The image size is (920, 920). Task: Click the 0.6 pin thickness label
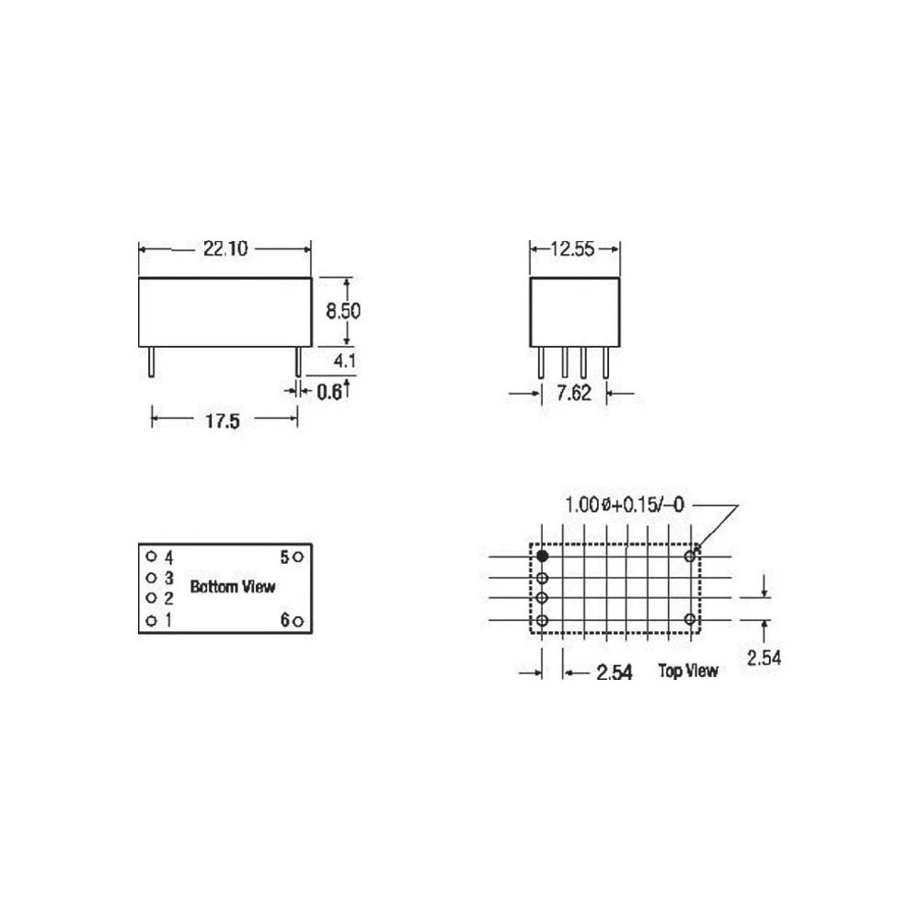tap(329, 392)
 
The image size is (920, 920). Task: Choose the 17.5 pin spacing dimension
tap(223, 420)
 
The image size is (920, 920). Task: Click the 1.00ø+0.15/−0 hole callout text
tap(626, 504)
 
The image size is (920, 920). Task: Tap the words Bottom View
tap(232, 586)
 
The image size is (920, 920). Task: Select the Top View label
tap(687, 671)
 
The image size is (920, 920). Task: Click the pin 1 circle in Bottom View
tap(150, 620)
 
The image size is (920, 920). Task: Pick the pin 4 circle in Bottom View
tap(150, 557)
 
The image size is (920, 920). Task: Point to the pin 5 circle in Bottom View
tap(299, 557)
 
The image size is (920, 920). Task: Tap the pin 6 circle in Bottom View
tap(299, 620)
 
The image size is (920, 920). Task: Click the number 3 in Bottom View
tap(168, 578)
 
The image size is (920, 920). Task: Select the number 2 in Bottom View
tap(168, 599)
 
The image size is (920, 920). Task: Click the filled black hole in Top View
tap(543, 556)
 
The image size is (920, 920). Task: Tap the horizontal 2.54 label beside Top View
tap(614, 673)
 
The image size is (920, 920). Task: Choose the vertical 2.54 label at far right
tap(764, 657)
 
